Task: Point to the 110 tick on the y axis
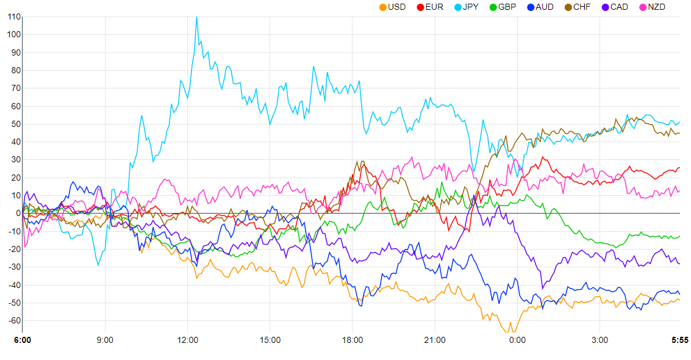pyautogui.click(x=13, y=16)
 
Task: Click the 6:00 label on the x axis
pyautogui.click(x=23, y=339)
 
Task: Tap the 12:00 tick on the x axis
pyautogui.click(x=187, y=339)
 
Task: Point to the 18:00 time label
pyautogui.click(x=353, y=339)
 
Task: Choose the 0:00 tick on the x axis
pyautogui.click(x=517, y=339)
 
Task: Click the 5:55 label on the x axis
pyautogui.click(x=679, y=339)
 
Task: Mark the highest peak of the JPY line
pyautogui.click(x=196, y=17)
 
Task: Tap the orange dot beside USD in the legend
pyautogui.click(x=382, y=7)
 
